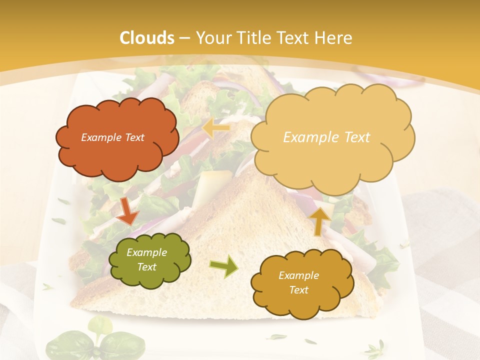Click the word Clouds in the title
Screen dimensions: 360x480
point(147,38)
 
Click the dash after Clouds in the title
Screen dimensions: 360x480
point(184,38)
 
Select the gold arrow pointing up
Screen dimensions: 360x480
point(320,220)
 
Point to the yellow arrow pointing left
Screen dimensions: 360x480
point(216,128)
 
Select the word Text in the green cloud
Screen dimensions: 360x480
point(146,267)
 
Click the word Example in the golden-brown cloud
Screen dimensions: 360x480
point(298,275)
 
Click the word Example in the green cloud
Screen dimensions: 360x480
point(146,252)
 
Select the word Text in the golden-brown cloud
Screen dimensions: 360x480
point(298,290)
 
